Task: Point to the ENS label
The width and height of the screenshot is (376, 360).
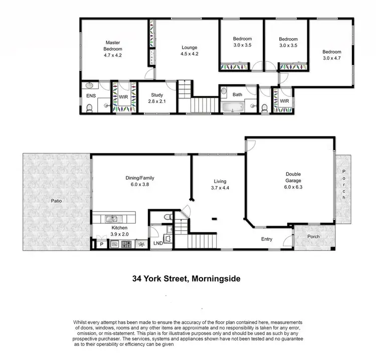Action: pos(91,95)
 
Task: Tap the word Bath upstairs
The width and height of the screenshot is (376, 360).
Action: pos(237,94)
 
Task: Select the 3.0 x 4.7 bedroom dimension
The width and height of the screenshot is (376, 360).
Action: pos(331,59)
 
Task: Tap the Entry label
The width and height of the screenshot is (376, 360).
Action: pos(267,239)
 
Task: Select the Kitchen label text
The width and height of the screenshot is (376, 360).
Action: pos(119,227)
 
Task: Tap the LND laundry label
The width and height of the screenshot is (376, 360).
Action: pos(158,243)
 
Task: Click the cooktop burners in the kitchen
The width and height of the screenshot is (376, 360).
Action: pos(126,245)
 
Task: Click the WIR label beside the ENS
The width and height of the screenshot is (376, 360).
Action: pos(122,96)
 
